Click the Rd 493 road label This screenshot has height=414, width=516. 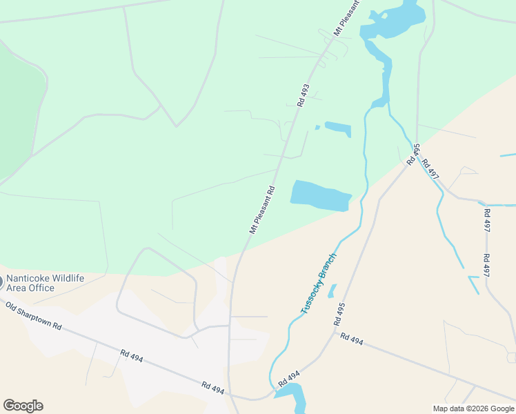(x=303, y=95)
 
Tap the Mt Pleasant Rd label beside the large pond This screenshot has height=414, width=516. (x=263, y=210)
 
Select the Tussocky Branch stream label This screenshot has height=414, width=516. (x=319, y=284)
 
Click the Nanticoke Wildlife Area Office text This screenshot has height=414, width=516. (x=45, y=283)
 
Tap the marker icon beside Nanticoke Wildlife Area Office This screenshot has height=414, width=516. (x=1, y=282)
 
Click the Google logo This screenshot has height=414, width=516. (x=23, y=406)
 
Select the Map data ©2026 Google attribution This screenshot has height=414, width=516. (x=473, y=408)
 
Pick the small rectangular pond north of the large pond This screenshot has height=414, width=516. (x=338, y=128)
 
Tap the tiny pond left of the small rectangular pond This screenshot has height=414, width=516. (x=317, y=127)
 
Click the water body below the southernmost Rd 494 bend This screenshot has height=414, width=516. (x=292, y=397)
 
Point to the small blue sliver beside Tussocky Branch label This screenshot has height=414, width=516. (x=332, y=291)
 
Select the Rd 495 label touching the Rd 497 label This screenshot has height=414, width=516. (x=413, y=154)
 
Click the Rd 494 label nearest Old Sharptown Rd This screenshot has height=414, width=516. (x=132, y=357)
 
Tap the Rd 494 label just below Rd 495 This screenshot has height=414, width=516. (x=351, y=339)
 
